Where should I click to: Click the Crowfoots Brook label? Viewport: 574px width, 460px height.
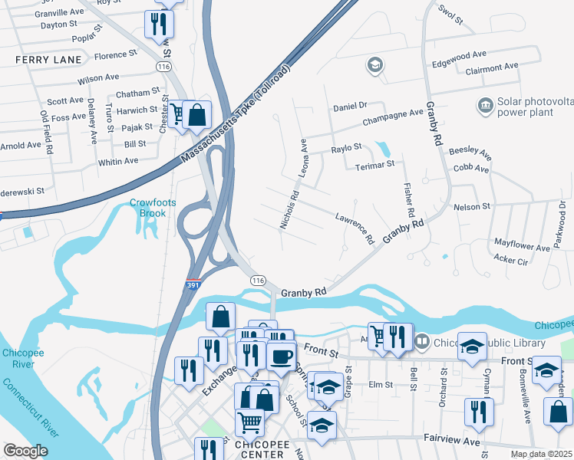coord(152,209)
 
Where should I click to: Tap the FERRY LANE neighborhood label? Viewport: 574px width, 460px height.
coord(48,59)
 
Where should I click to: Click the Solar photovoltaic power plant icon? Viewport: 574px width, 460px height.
coord(485,105)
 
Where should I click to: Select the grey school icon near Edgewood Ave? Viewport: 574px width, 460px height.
coord(375,64)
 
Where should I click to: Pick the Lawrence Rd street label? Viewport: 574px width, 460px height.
coord(355,228)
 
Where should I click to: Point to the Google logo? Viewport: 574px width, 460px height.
coord(26,451)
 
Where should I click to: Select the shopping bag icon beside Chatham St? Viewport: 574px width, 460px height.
coord(197,115)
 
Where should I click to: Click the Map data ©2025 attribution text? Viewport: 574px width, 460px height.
coord(540,454)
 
